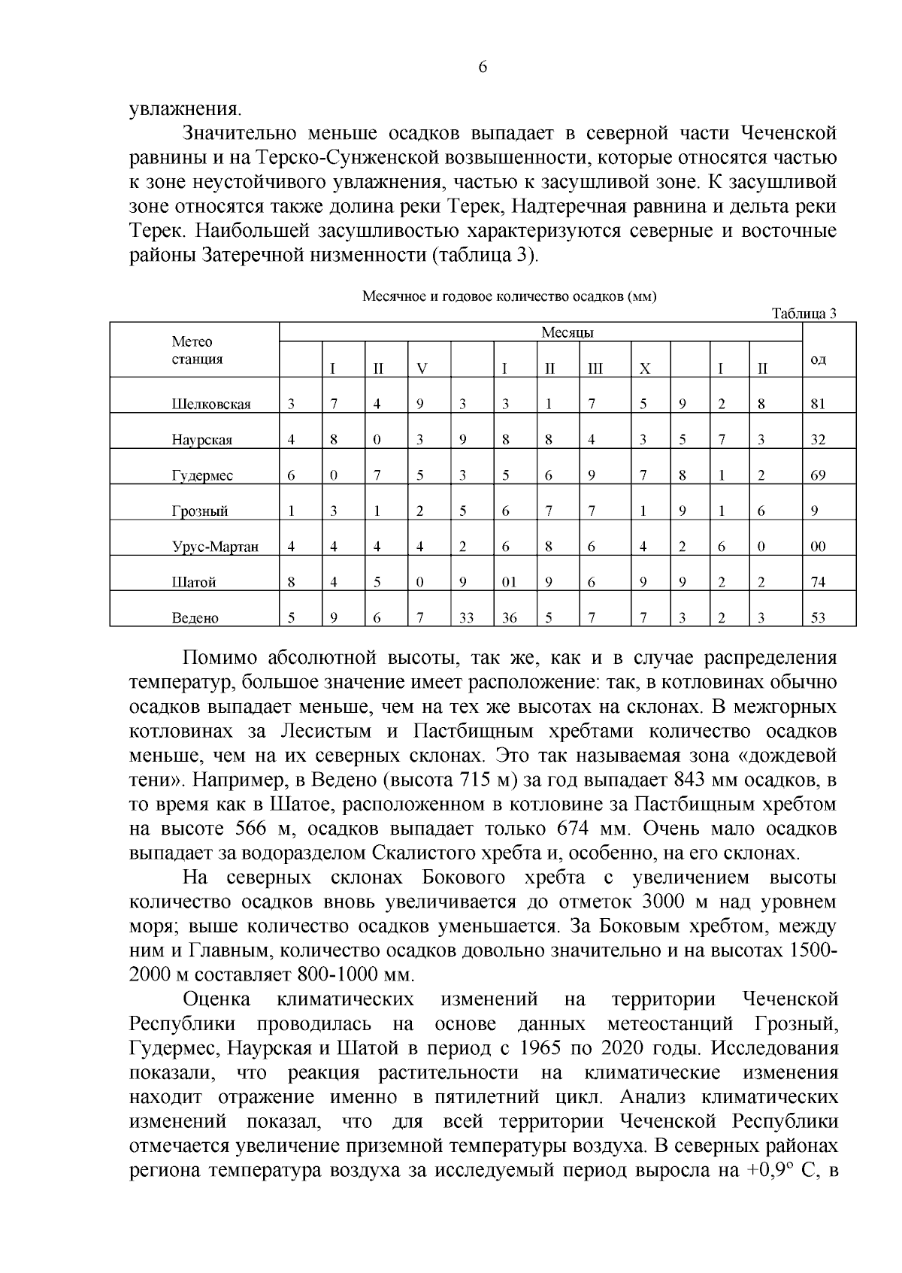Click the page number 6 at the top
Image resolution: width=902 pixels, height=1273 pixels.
(x=483, y=67)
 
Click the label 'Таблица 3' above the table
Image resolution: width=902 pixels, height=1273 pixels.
(x=804, y=314)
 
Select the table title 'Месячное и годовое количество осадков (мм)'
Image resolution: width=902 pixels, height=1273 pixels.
(x=510, y=296)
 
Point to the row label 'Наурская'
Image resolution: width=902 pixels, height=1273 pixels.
(x=202, y=440)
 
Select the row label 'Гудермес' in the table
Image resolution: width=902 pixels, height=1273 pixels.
(x=202, y=475)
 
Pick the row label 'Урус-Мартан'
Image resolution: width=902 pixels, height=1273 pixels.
(x=215, y=547)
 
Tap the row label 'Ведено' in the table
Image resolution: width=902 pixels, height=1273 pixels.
(x=195, y=618)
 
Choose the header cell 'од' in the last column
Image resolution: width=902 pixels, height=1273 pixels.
(x=818, y=360)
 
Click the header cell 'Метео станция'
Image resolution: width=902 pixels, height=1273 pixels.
(x=197, y=350)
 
